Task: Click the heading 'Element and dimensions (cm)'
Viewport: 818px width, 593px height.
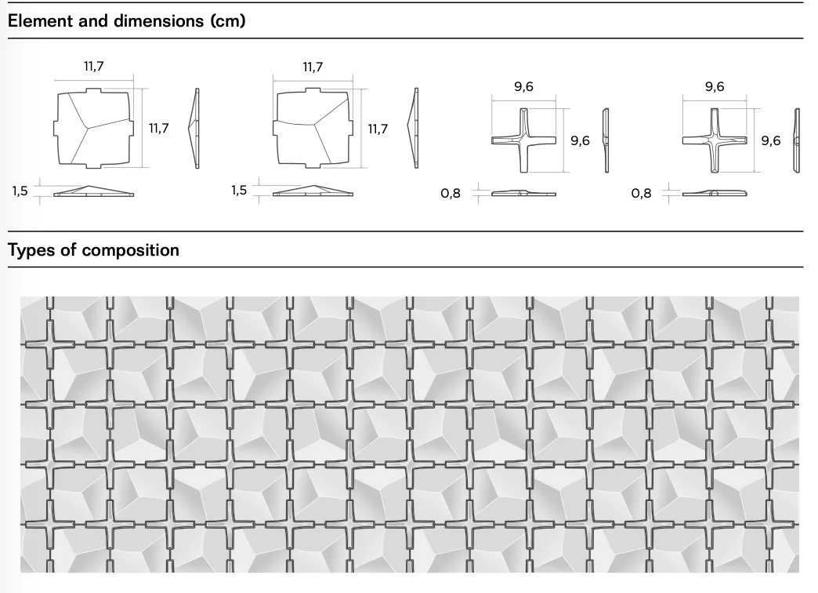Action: [126, 21]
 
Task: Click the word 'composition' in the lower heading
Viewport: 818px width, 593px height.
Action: [130, 250]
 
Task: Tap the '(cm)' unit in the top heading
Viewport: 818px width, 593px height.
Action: [228, 21]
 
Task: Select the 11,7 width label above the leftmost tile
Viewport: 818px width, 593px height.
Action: [94, 67]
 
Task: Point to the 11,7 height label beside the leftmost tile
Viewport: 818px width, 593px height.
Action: [158, 128]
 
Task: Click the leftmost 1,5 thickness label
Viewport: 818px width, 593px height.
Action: [20, 191]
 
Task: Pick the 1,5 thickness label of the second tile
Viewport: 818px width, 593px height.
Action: [239, 190]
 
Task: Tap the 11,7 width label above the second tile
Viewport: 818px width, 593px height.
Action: [313, 67]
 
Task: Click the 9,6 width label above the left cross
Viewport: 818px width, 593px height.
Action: [523, 86]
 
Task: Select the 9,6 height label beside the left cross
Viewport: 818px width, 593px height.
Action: [580, 140]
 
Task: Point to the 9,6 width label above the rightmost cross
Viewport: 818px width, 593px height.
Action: [715, 86]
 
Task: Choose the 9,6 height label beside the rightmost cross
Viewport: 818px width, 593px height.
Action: [771, 140]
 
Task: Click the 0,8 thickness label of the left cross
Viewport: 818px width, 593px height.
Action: [451, 193]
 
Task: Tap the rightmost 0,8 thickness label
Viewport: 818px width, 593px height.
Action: [641, 193]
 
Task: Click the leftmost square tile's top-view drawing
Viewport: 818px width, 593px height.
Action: [93, 128]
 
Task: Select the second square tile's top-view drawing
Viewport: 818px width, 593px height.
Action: [313, 128]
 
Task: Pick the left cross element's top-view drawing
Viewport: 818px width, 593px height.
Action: [523, 140]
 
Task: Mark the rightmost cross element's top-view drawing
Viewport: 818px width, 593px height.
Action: [715, 140]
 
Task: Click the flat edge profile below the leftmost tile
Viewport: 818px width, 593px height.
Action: [93, 191]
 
